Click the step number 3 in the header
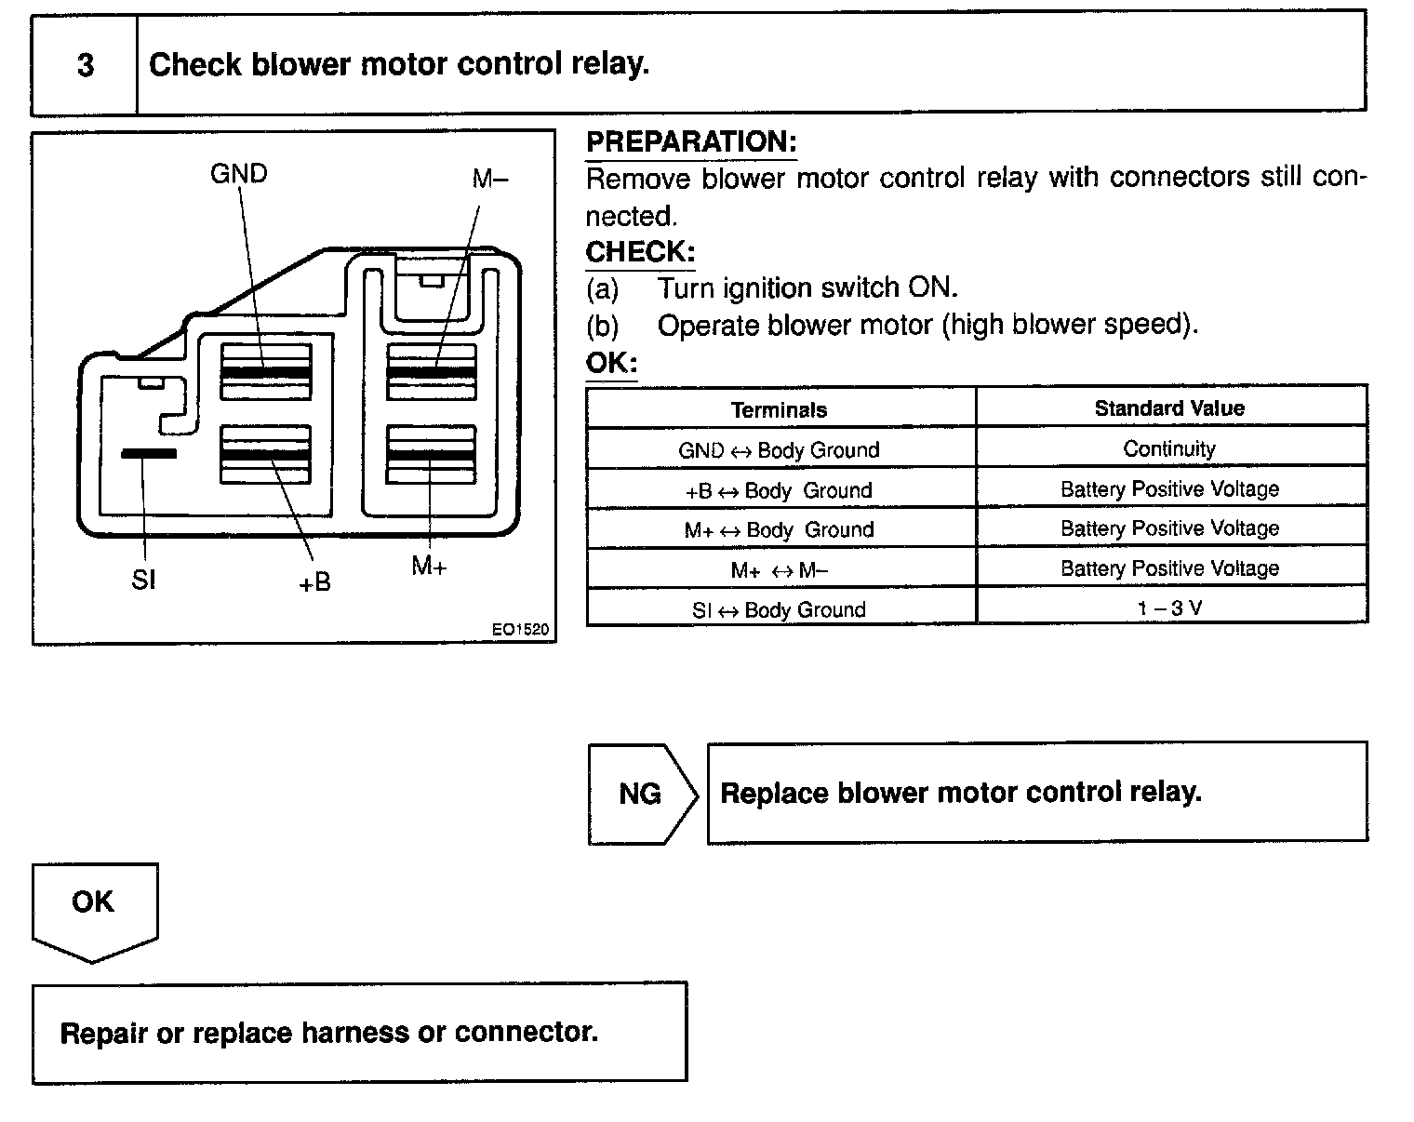(x=85, y=65)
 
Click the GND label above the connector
(x=239, y=174)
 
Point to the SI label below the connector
(x=143, y=581)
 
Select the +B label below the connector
(x=314, y=582)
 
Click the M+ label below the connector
(x=429, y=566)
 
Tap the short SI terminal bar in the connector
(x=148, y=453)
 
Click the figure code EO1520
(x=520, y=630)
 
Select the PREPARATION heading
(x=690, y=142)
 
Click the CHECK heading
(x=640, y=252)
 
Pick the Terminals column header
(x=779, y=409)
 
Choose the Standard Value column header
(x=1169, y=408)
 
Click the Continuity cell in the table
(x=1169, y=449)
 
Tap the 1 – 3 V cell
(x=1169, y=608)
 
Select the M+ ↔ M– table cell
(x=779, y=569)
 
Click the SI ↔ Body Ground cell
(x=779, y=610)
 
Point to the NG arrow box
(x=641, y=794)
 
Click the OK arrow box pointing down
(x=93, y=907)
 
